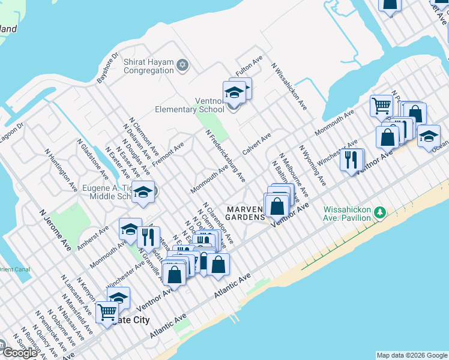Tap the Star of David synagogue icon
pyautogui.click(x=183, y=65)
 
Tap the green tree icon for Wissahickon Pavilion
pyautogui.click(x=379, y=212)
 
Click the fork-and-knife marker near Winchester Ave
pyautogui.click(x=351, y=160)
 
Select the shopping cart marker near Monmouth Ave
pyautogui.click(x=382, y=106)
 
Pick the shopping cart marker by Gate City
pyautogui.click(x=107, y=312)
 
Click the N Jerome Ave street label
pyautogui.click(x=55, y=230)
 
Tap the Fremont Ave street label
pyautogui.click(x=171, y=155)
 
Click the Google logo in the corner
pyautogui.click(x=20, y=352)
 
